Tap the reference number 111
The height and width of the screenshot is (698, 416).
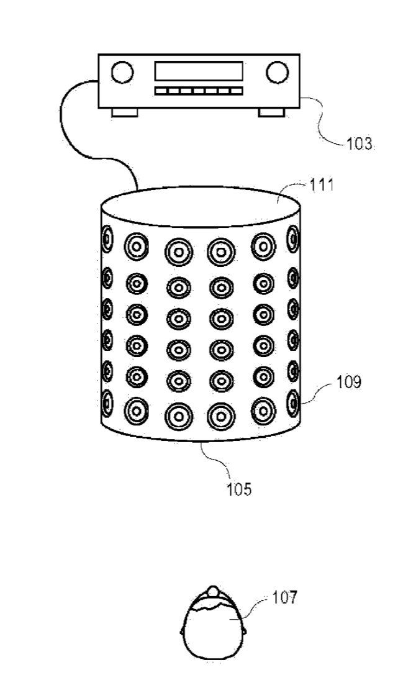coord(320,185)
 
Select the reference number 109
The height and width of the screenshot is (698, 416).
coord(348,381)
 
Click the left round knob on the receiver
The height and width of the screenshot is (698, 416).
coord(122,72)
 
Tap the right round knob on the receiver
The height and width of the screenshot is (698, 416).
coord(276,72)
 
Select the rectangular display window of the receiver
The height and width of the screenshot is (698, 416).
coord(199,70)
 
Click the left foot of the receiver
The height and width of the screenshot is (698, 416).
coord(124,112)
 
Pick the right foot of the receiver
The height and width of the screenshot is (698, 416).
coord(272,112)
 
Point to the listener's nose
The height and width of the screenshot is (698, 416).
coord(213,591)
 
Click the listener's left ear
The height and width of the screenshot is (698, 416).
coord(182,631)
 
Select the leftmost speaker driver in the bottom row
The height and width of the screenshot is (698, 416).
coord(107,402)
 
